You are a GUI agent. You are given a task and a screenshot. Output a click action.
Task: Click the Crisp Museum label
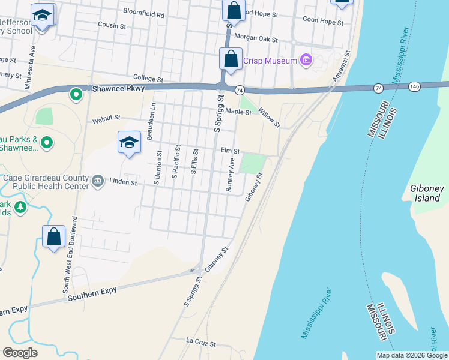pos(270,61)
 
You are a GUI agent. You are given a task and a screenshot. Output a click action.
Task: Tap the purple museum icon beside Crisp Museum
pos(306,60)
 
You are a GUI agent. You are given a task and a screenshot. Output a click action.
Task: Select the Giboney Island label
pos(427,193)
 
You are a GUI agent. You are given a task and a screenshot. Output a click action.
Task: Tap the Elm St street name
pos(230,152)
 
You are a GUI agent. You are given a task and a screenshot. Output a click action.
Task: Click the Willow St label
pos(270,116)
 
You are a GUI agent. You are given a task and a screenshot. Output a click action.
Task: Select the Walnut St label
pos(106,119)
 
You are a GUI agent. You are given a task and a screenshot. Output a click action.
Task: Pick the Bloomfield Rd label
pos(143,11)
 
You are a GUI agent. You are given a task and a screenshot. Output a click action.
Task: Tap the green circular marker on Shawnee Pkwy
pos(76,94)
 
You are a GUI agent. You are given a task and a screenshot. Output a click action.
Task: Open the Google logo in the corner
pos(20,353)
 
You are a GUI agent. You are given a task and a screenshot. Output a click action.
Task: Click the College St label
pos(148,79)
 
